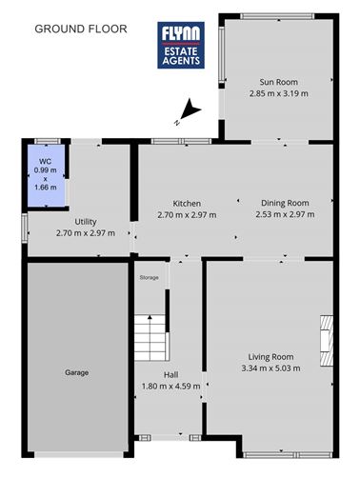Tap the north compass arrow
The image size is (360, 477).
pyautogui.click(x=187, y=112)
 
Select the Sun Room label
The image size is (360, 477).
pyautogui.click(x=278, y=82)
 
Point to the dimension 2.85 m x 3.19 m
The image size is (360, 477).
pyautogui.click(x=278, y=93)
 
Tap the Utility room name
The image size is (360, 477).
pyautogui.click(x=85, y=220)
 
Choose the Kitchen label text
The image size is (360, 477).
pyautogui.click(x=186, y=204)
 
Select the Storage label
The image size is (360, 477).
pyautogui.click(x=149, y=277)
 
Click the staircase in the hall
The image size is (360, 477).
pyautogui.click(x=150, y=337)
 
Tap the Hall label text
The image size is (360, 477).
pyautogui.click(x=170, y=375)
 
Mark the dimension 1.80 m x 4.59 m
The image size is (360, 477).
pyautogui.click(x=170, y=386)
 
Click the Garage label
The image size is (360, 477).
pyautogui.click(x=76, y=372)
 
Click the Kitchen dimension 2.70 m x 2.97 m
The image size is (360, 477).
pyautogui.click(x=186, y=215)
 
